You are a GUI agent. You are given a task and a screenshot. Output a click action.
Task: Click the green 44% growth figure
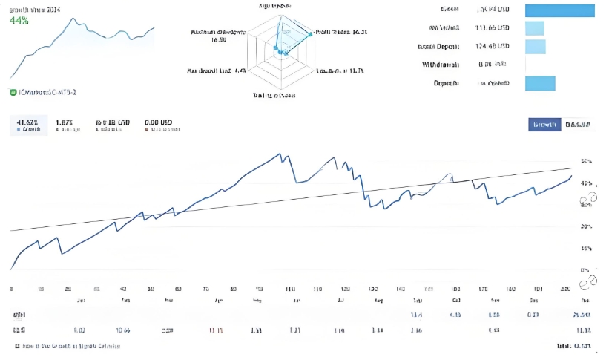click(x=19, y=21)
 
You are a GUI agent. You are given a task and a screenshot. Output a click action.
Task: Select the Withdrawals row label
click(x=441, y=65)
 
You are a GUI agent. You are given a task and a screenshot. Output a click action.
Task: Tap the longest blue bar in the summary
click(x=560, y=10)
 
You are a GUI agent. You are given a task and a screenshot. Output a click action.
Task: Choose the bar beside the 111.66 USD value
click(x=535, y=28)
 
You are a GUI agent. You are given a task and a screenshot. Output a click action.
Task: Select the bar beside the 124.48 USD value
click(x=535, y=47)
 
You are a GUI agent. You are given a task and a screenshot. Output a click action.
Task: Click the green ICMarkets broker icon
click(x=13, y=92)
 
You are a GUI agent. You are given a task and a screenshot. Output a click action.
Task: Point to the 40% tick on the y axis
click(x=586, y=183)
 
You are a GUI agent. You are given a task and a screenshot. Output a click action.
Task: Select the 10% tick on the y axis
click(x=586, y=249)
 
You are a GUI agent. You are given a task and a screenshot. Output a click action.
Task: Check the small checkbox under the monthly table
click(x=17, y=347)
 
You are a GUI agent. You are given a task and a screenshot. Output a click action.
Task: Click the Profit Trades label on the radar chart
click(x=340, y=32)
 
